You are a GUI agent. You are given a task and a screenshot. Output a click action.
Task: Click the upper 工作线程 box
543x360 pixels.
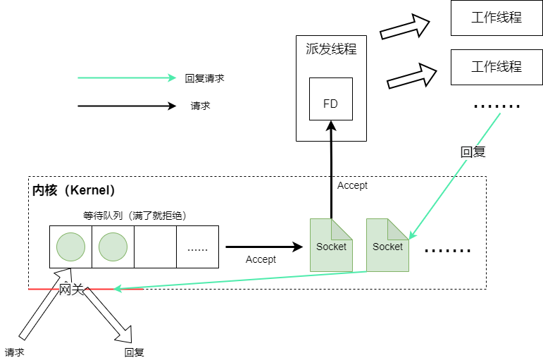point(497,18)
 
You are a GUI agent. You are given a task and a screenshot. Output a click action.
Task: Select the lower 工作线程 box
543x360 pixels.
point(497,67)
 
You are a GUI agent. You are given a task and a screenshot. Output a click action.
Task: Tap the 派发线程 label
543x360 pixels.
point(331,49)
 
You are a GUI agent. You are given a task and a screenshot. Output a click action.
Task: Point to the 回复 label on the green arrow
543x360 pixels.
point(473,152)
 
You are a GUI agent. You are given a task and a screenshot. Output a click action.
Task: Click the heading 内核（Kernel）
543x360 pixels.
point(74,190)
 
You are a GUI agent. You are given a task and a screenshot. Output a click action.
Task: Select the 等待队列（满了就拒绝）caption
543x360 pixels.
point(135,216)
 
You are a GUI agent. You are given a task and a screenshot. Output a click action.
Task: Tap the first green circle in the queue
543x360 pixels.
point(70,247)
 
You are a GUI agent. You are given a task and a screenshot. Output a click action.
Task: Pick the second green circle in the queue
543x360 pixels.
point(113,247)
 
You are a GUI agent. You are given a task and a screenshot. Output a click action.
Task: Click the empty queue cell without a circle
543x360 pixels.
point(155,247)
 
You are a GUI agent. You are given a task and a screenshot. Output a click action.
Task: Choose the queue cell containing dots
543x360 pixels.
point(197,247)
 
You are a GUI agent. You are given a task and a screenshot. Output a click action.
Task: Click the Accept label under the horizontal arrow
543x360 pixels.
point(261,259)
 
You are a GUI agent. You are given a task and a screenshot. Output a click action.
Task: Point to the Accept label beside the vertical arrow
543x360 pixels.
point(352,185)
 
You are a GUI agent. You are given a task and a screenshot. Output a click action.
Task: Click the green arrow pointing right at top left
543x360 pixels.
point(127,77)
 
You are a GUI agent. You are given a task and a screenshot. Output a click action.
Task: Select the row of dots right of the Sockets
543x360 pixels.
point(447,250)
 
